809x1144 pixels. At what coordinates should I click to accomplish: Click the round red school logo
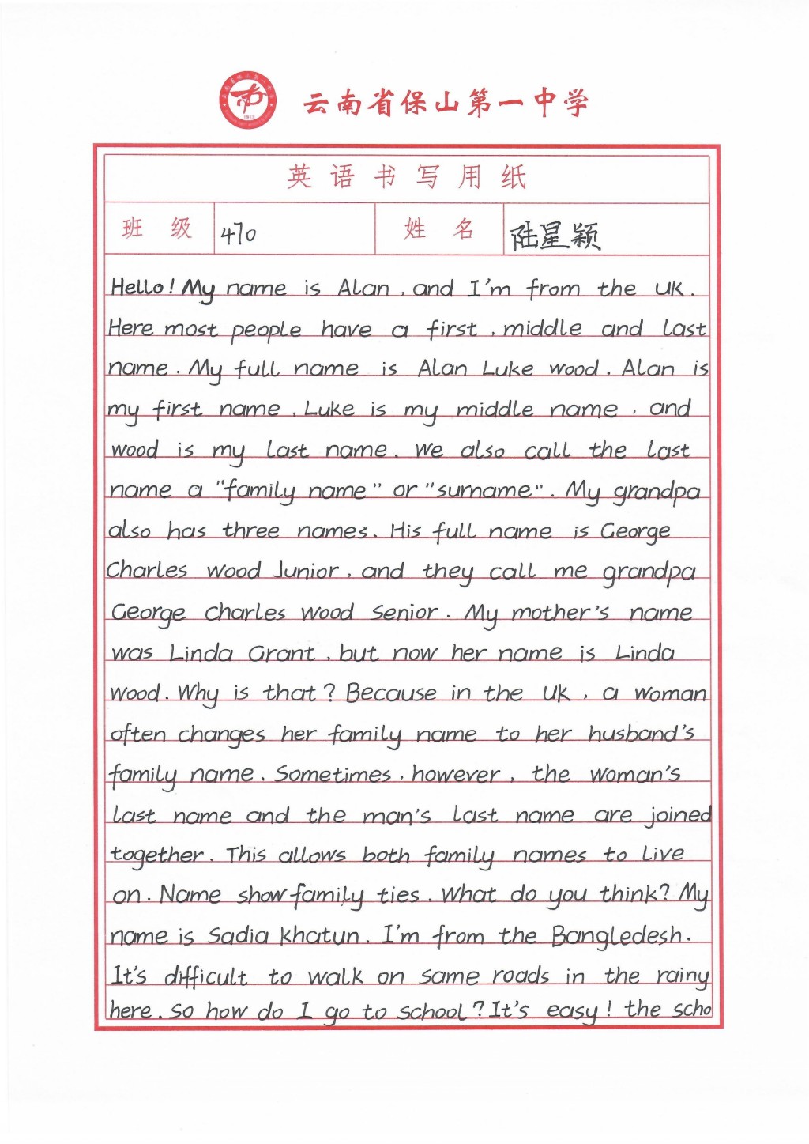(248, 100)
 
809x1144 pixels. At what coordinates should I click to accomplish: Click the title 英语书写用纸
(406, 177)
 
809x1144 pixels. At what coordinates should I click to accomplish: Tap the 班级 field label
(157, 229)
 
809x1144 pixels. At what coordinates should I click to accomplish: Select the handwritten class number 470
(238, 234)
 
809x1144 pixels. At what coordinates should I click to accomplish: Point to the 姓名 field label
(438, 229)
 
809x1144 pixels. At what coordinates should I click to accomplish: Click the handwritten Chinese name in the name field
(555, 235)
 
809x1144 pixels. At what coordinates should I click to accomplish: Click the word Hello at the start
(138, 287)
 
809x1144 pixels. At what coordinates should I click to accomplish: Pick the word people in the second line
(266, 330)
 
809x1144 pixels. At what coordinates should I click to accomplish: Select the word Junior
(306, 571)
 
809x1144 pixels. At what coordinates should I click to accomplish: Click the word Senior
(404, 612)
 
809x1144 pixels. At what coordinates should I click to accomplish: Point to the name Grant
(281, 653)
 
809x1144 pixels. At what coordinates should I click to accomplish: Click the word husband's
(641, 734)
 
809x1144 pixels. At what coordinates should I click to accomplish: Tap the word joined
(679, 816)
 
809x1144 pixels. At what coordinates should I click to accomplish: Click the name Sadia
(239, 936)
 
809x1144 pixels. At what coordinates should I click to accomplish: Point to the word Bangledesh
(619, 937)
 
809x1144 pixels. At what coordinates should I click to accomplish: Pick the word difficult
(205, 977)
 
